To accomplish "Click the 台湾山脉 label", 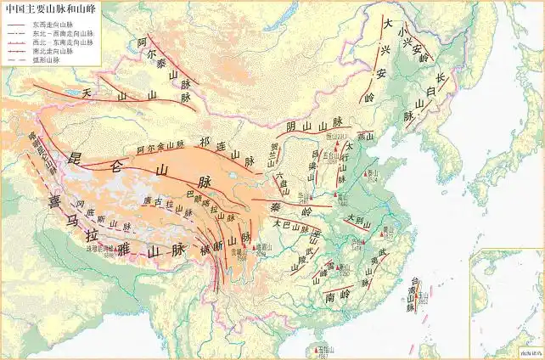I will point(414,293).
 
